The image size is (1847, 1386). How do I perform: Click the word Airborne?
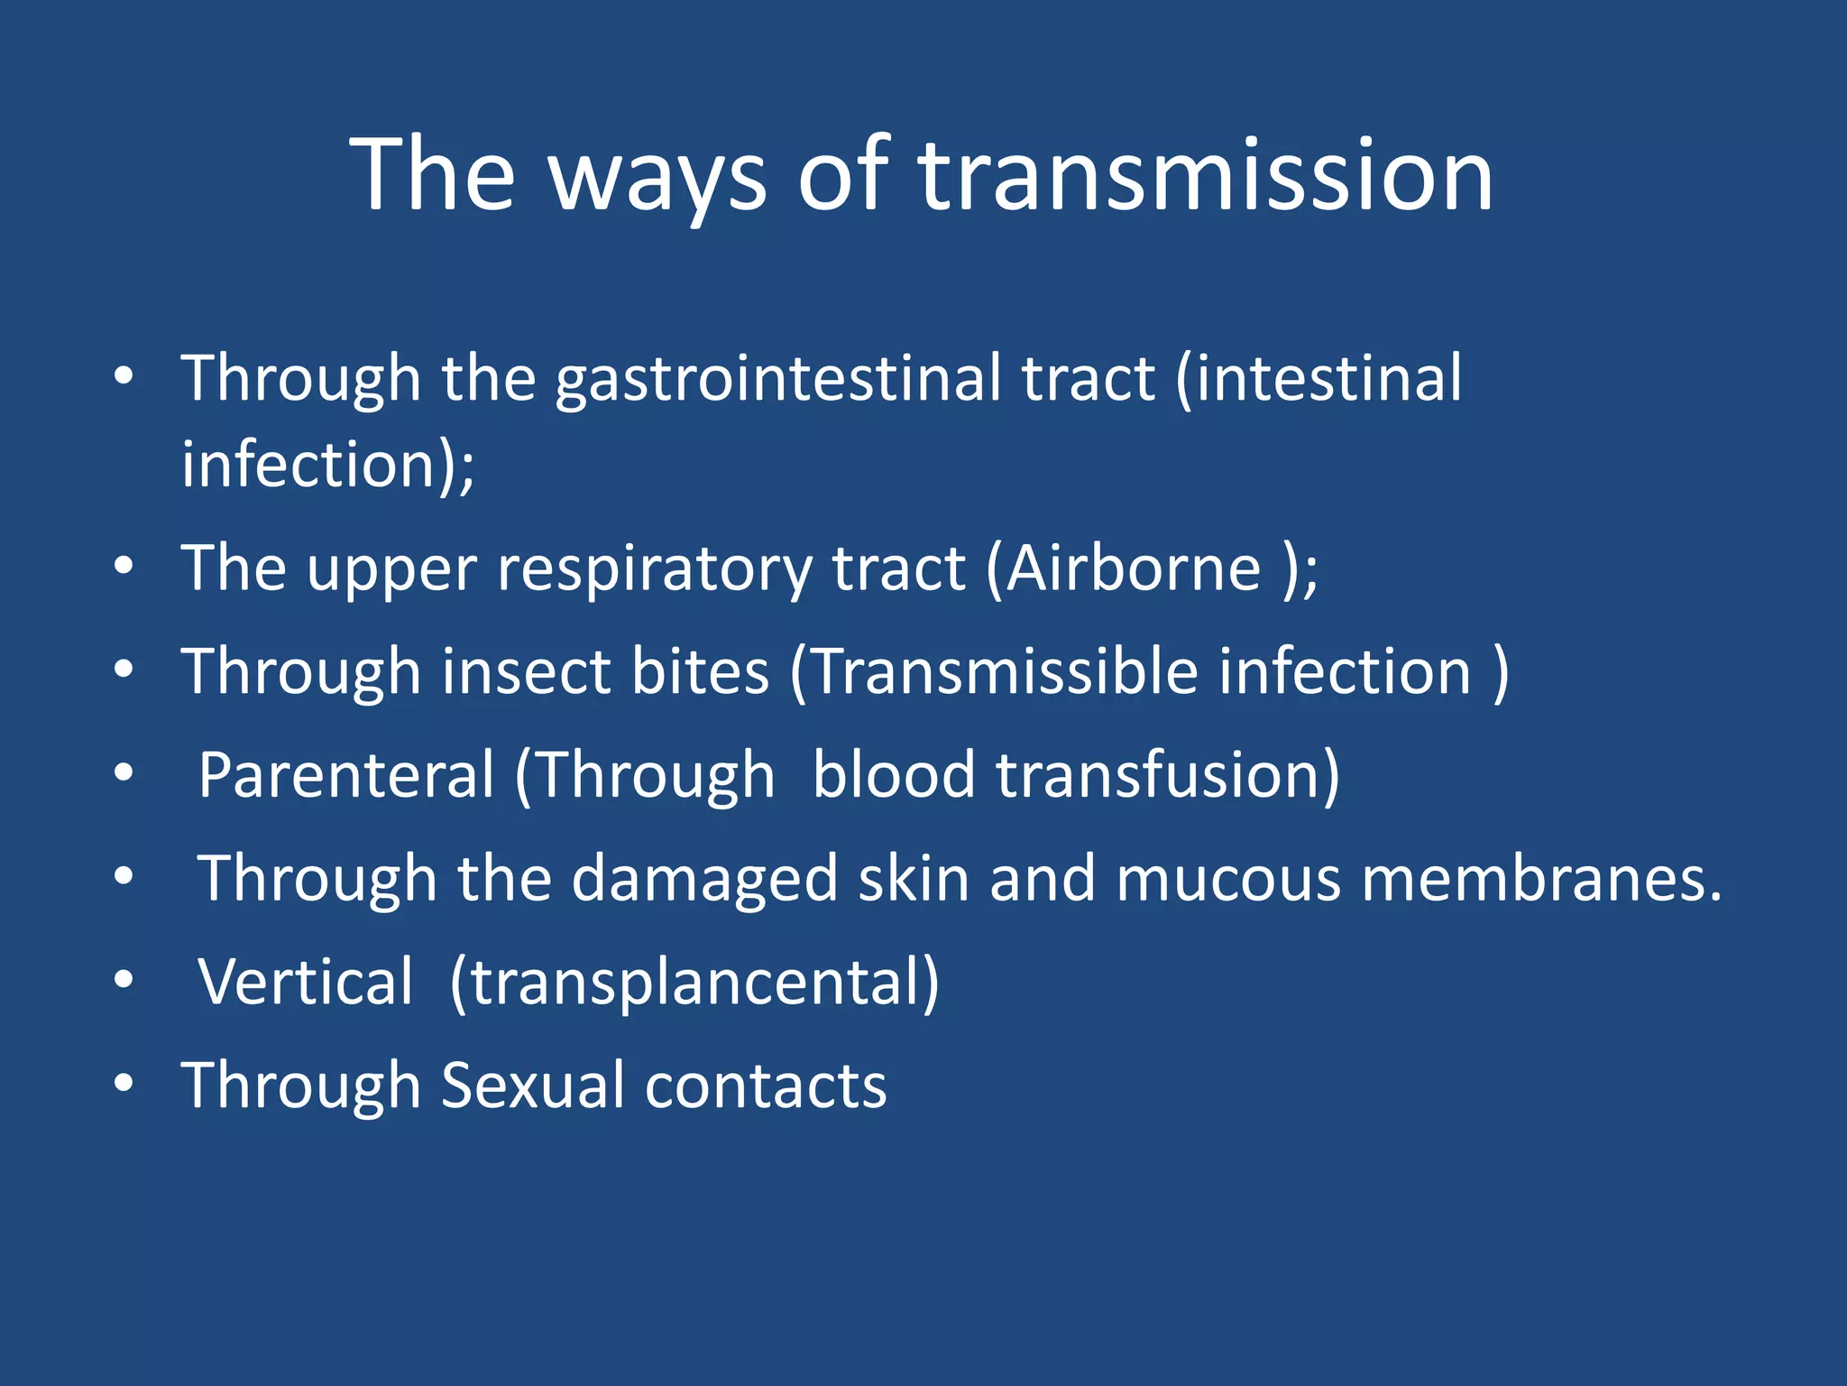(1133, 569)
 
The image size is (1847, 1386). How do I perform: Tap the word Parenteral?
(346, 775)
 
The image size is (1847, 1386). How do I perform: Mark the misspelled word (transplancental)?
(694, 984)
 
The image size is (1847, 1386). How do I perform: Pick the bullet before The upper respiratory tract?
(124, 567)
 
